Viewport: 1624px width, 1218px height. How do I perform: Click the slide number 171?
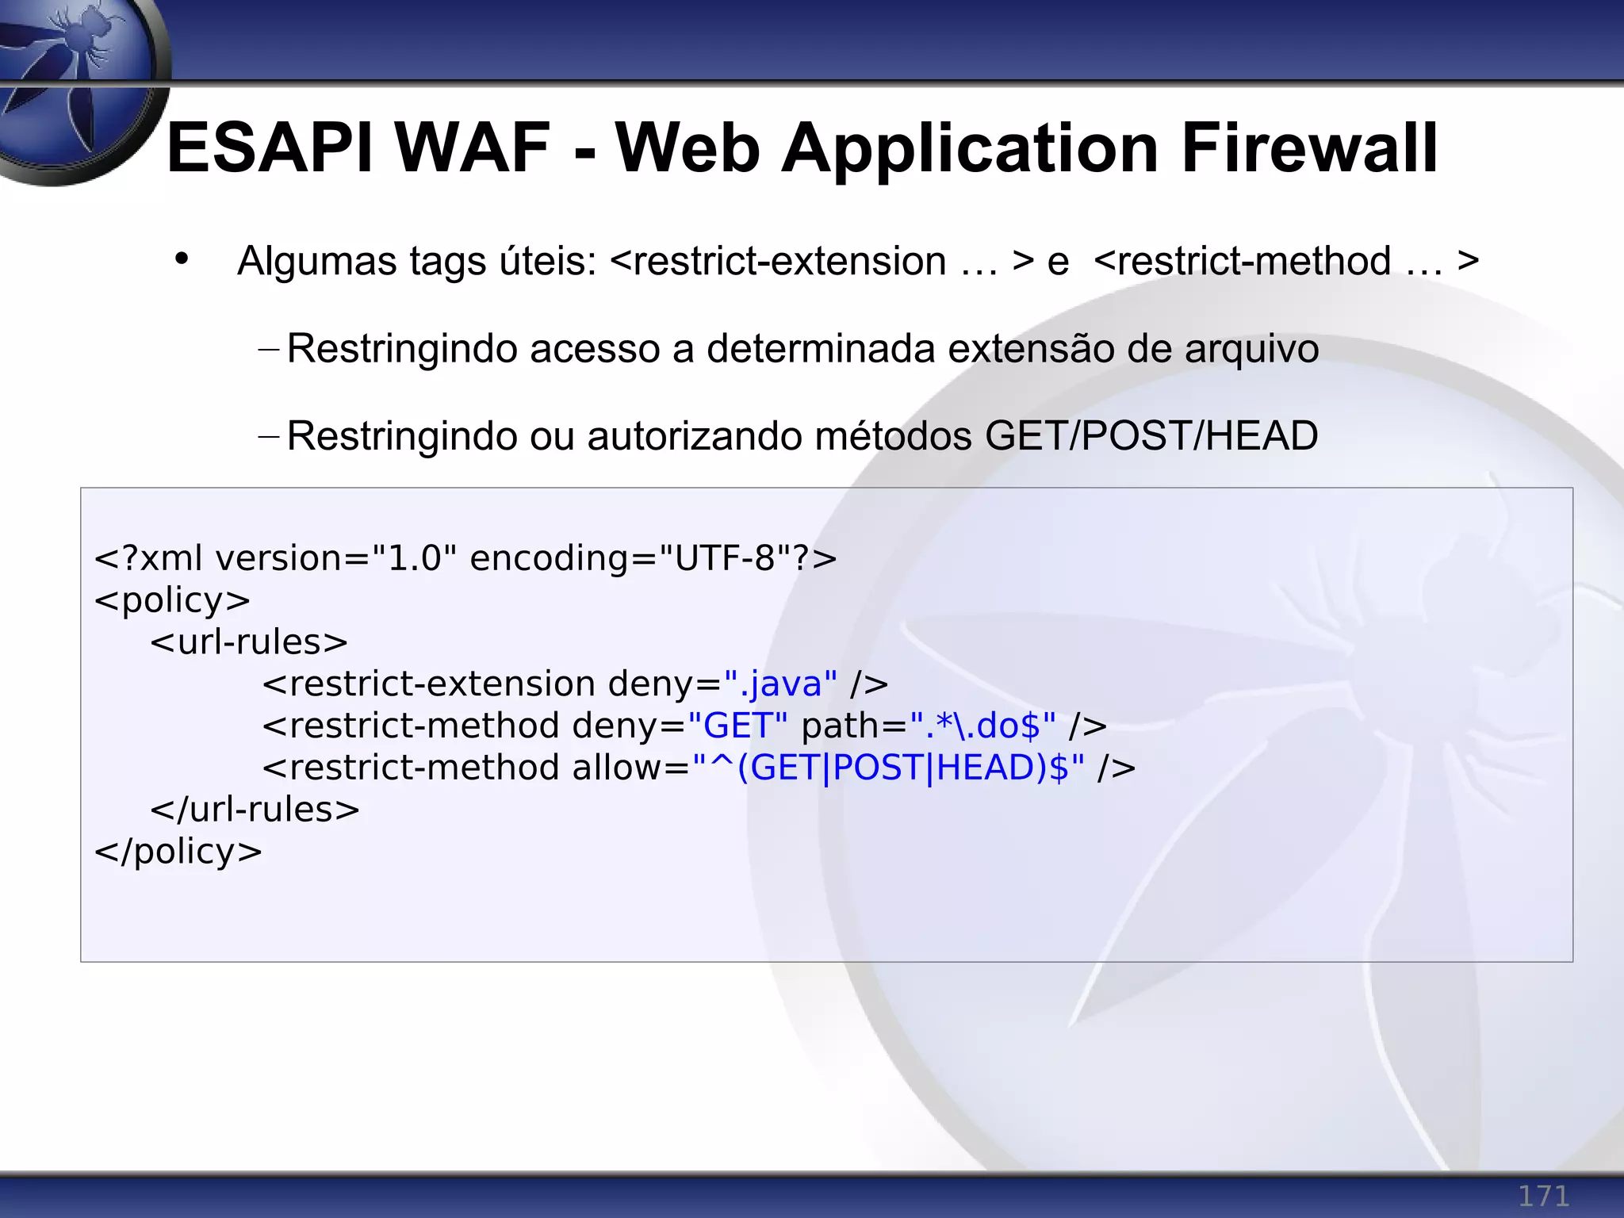point(1542,1196)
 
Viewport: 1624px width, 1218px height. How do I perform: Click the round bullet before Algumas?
point(182,259)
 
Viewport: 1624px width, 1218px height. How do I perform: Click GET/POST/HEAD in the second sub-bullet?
point(1151,436)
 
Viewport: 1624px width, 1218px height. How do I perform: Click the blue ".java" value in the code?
point(780,684)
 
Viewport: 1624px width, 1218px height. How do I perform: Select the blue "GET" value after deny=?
point(737,726)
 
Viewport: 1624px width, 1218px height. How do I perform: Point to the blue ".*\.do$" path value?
point(982,726)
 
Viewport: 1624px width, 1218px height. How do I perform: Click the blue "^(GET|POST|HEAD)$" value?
point(888,768)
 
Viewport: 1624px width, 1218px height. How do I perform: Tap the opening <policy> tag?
point(172,600)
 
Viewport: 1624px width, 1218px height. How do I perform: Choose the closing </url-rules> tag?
point(255,810)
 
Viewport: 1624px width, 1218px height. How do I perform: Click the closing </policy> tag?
point(178,852)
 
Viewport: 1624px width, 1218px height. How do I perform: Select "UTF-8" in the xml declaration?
point(724,558)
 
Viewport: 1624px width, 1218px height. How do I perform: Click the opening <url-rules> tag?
point(249,642)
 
